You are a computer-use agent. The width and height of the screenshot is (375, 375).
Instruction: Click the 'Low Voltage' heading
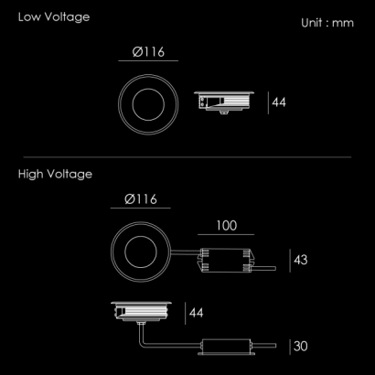pos(54,17)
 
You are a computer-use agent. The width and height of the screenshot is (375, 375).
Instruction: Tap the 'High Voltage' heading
pos(55,175)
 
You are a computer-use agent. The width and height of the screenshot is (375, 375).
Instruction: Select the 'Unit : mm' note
pos(327,23)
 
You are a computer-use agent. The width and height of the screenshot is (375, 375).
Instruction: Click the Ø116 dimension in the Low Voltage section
pos(148,52)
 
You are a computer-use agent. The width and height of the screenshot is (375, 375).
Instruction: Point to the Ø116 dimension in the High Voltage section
pos(141,199)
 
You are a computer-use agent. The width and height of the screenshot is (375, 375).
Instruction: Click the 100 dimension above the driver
pos(226,226)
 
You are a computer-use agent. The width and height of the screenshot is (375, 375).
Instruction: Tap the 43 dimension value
pos(301,260)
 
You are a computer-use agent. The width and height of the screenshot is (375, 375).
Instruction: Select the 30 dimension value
pos(301,347)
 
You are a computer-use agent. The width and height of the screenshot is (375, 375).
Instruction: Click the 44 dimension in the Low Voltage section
pos(279,102)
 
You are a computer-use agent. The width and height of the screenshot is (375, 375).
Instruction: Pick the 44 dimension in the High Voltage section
pos(196,313)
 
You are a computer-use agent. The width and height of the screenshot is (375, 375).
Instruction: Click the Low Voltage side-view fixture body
pos(224,102)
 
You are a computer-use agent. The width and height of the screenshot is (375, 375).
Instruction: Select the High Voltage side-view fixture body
pos(141,312)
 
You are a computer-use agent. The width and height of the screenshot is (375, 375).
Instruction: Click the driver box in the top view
pos(226,260)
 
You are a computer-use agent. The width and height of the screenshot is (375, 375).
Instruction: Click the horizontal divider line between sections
pos(187,157)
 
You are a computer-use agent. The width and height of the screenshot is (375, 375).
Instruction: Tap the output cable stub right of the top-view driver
pos(264,269)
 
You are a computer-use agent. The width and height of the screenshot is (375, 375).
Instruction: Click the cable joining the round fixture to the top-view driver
pos(185,252)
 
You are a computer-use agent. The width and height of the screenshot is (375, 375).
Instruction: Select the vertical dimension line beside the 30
pos(290,347)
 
